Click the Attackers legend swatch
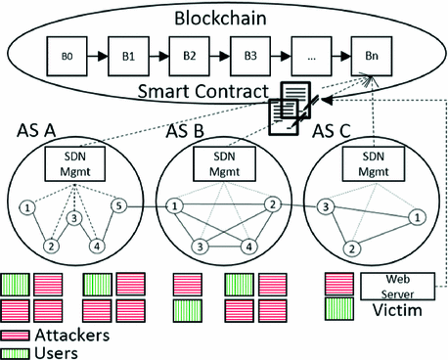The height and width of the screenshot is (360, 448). coord(17,334)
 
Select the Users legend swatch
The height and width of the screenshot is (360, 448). coord(17,349)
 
